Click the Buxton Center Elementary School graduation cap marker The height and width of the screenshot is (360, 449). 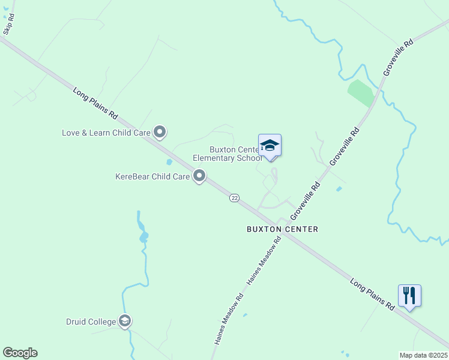(x=270, y=146)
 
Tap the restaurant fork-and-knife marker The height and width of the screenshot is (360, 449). (x=409, y=296)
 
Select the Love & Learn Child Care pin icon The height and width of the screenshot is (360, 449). (x=160, y=131)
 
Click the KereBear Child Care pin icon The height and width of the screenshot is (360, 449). (x=199, y=176)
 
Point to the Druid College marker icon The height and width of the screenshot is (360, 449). (x=125, y=322)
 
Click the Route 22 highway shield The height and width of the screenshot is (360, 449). (x=234, y=198)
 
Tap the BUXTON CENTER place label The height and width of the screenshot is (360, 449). (x=282, y=229)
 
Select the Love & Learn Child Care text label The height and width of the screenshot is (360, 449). (x=106, y=132)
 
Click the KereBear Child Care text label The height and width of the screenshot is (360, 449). (x=152, y=177)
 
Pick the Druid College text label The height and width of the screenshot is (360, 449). (x=91, y=322)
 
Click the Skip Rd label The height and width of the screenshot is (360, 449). (x=10, y=25)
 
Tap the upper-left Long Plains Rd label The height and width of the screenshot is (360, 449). (x=95, y=104)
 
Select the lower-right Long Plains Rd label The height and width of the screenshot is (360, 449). (x=373, y=294)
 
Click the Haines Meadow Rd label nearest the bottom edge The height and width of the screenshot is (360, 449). (x=229, y=319)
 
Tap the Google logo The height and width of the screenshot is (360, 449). (x=20, y=353)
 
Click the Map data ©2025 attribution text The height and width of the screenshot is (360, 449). (x=423, y=355)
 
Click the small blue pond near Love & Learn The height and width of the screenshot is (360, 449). (x=169, y=162)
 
